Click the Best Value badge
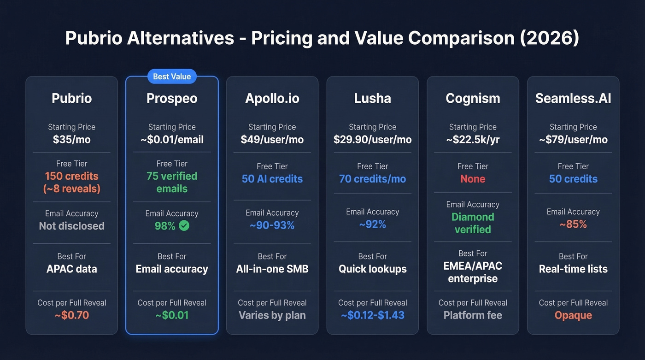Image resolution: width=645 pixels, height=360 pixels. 172,77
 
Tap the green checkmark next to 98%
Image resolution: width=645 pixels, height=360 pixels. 184,226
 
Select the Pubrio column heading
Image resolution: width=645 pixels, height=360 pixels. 71,98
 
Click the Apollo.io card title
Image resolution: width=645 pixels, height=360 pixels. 272,98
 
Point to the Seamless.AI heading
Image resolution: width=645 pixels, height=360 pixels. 573,98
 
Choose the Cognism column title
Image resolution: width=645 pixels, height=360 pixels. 473,98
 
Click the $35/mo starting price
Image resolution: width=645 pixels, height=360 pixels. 71,140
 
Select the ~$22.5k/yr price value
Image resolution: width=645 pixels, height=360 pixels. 473,140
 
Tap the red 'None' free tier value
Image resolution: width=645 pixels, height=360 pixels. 473,179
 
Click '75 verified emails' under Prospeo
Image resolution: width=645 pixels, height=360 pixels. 172,183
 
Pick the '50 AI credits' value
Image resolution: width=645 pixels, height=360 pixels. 272,179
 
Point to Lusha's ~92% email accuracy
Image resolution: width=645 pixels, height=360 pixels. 372,224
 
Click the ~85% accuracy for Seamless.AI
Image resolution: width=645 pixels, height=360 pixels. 573,224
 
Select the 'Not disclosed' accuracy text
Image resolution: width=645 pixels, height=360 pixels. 71,226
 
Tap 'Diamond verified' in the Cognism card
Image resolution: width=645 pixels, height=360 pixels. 473,223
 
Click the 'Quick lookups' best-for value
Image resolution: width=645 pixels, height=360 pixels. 372,269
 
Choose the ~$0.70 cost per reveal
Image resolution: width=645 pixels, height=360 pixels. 71,316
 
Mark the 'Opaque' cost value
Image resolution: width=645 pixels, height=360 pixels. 573,316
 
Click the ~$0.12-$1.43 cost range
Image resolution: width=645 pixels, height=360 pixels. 372,316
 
